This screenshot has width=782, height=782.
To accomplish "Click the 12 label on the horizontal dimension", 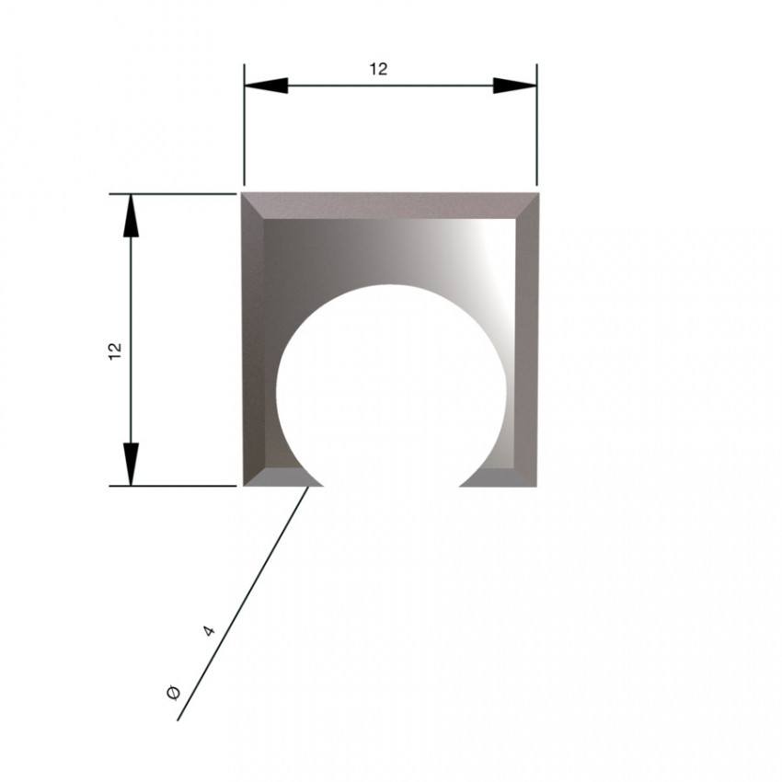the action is [x=378, y=69].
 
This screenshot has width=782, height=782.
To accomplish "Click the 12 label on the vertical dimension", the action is [x=115, y=351].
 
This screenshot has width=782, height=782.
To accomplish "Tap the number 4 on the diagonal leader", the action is [x=210, y=631].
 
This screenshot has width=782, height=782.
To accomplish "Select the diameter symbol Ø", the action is [x=173, y=693].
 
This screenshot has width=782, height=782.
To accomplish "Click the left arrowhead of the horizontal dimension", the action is [x=266, y=86].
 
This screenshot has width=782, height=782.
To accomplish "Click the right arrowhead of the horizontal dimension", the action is [x=514, y=86].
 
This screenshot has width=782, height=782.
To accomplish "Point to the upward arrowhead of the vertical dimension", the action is [x=131, y=215].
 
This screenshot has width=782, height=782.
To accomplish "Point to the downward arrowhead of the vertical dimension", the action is [x=131, y=464].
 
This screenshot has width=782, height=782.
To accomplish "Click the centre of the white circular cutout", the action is [x=391, y=394].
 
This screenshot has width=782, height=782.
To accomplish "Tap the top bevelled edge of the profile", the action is [x=390, y=205].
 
